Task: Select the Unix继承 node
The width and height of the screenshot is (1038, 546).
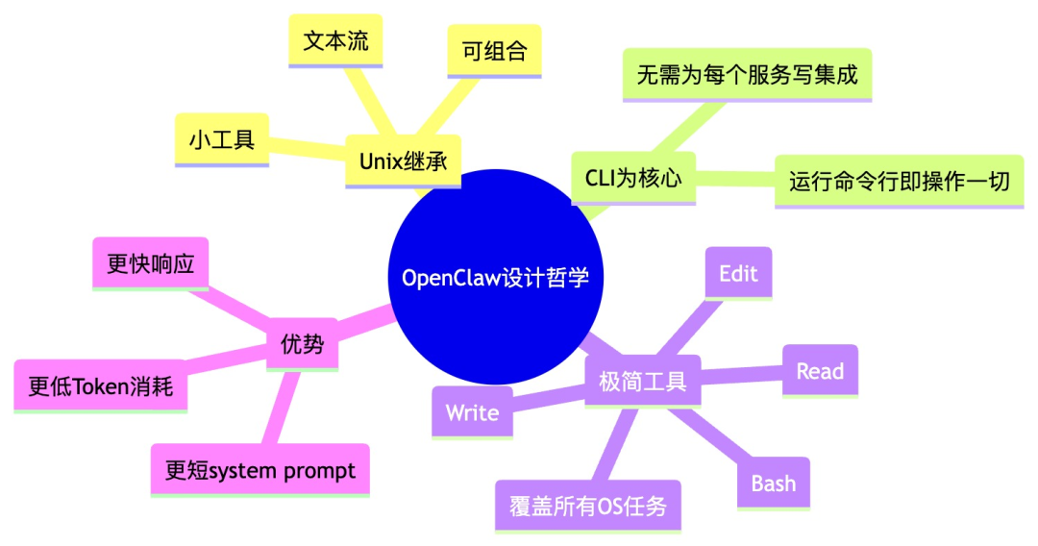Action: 404,161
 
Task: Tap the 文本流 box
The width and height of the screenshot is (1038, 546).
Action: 335,42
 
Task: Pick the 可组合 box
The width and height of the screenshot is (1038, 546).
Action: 494,51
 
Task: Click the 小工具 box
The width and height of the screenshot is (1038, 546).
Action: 222,139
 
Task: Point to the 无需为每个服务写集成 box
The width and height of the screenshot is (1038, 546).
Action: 747,74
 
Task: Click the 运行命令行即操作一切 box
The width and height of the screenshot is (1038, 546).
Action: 899,181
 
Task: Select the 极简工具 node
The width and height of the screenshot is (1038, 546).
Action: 643,381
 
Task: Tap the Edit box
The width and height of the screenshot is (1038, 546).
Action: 738,274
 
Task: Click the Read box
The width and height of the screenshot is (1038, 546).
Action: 820,371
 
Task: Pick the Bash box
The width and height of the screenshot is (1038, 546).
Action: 774,483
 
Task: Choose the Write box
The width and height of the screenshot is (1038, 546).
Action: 472,412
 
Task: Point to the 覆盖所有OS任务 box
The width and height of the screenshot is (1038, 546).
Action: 588,506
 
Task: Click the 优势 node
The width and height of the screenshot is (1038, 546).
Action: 303,344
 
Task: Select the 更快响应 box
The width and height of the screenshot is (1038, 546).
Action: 151,263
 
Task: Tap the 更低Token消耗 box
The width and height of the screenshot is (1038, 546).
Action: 101,386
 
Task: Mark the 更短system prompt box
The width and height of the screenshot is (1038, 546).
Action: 260,470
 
